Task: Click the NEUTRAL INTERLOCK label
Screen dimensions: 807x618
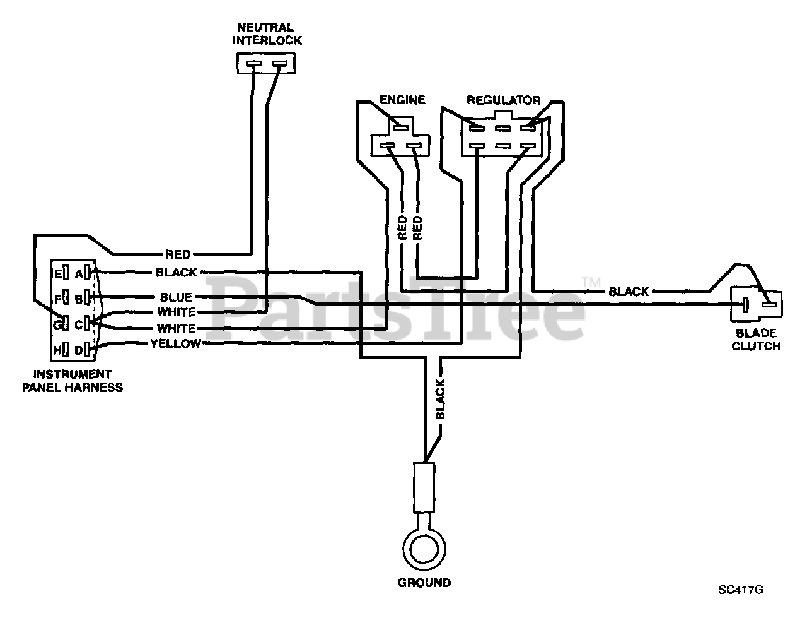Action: [267, 33]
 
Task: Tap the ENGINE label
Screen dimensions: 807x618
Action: [402, 100]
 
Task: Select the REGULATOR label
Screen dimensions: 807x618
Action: [503, 100]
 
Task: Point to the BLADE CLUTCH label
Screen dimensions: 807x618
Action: [755, 340]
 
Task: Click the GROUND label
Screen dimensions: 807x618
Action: [424, 583]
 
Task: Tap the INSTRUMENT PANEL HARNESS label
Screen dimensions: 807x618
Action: [73, 381]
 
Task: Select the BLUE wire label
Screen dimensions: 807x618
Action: [176, 297]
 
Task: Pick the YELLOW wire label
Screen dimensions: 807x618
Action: [176, 343]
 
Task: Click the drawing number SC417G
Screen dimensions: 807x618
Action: [741, 590]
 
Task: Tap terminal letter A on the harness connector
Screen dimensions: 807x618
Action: [79, 274]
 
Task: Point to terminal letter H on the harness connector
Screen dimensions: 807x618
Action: [57, 350]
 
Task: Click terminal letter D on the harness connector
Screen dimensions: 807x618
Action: [79, 350]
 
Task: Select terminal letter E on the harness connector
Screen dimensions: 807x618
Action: [58, 274]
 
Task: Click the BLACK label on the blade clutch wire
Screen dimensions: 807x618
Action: [629, 292]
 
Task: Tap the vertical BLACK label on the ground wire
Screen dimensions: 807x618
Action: [440, 399]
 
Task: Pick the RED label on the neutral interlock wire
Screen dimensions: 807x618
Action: [178, 254]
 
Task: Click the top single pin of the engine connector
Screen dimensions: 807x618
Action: [400, 128]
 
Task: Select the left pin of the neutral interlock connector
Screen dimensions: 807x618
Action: [253, 64]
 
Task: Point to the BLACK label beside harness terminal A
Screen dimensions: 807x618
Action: [177, 272]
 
